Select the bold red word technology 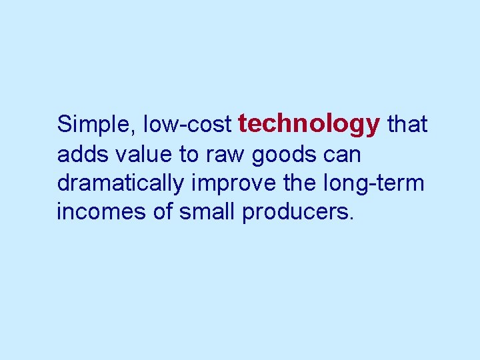309,124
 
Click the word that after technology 407,125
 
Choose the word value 143,154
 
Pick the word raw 225,154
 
